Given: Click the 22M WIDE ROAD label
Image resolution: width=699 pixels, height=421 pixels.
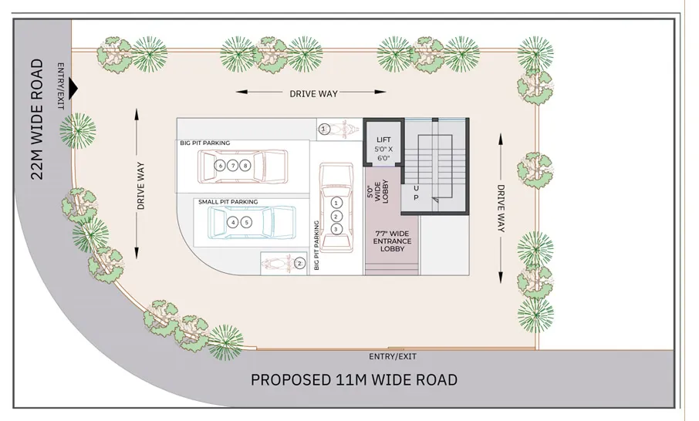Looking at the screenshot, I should point(36,120).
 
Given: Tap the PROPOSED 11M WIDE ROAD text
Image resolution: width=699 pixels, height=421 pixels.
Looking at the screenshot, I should point(354,380).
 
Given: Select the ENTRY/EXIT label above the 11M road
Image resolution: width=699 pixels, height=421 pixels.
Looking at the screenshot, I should point(393,356).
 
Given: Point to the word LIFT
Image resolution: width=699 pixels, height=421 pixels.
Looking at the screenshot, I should point(383,140).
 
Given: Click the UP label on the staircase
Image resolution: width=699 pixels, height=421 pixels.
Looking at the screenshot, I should point(417,193).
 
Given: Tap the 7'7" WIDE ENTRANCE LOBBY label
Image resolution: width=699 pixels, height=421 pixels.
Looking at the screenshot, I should point(393,242).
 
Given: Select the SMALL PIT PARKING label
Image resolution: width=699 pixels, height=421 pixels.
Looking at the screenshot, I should point(228,202).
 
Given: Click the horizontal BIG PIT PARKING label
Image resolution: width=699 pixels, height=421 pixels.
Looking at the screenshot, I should point(205,143).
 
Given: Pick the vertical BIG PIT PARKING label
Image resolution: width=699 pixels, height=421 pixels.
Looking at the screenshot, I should point(316,244).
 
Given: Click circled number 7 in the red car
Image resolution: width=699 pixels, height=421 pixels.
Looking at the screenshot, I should point(233,166).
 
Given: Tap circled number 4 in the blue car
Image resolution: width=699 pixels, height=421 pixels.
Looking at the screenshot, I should point(233,222).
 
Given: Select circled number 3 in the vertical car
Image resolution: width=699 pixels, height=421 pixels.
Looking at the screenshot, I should point(336,229).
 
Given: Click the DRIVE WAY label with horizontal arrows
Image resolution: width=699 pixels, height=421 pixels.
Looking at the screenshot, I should point(314,93).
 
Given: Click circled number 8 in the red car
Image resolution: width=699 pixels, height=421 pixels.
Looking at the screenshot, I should point(245,166).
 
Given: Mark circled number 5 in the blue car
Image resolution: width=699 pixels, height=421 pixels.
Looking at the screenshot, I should point(246,222).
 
